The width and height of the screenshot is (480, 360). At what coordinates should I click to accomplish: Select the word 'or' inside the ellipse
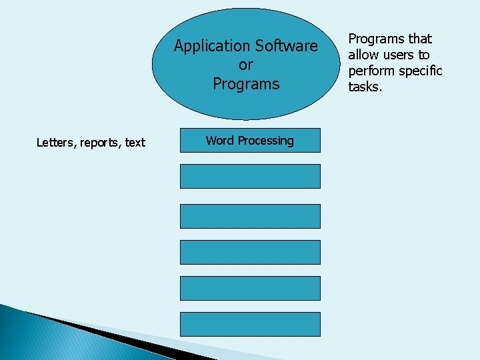click(x=246, y=65)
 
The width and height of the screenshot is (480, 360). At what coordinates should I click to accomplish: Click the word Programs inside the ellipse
click(x=246, y=84)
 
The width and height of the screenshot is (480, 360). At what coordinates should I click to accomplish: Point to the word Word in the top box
click(x=219, y=141)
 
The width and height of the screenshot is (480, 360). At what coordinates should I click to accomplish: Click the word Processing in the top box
click(x=265, y=141)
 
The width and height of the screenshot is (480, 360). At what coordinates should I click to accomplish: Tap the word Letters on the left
click(x=56, y=142)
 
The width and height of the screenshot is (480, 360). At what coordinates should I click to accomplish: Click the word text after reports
click(x=135, y=142)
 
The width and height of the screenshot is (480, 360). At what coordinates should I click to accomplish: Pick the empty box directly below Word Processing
click(x=250, y=177)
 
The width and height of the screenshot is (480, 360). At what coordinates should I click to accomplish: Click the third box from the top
click(x=250, y=216)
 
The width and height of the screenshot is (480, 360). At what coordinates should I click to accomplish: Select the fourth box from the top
click(x=250, y=252)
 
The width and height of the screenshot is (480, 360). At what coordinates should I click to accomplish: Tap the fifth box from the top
click(x=250, y=288)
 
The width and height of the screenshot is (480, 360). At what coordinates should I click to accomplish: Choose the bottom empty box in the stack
click(x=250, y=324)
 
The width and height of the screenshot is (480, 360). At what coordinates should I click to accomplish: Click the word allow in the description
click(x=364, y=55)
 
